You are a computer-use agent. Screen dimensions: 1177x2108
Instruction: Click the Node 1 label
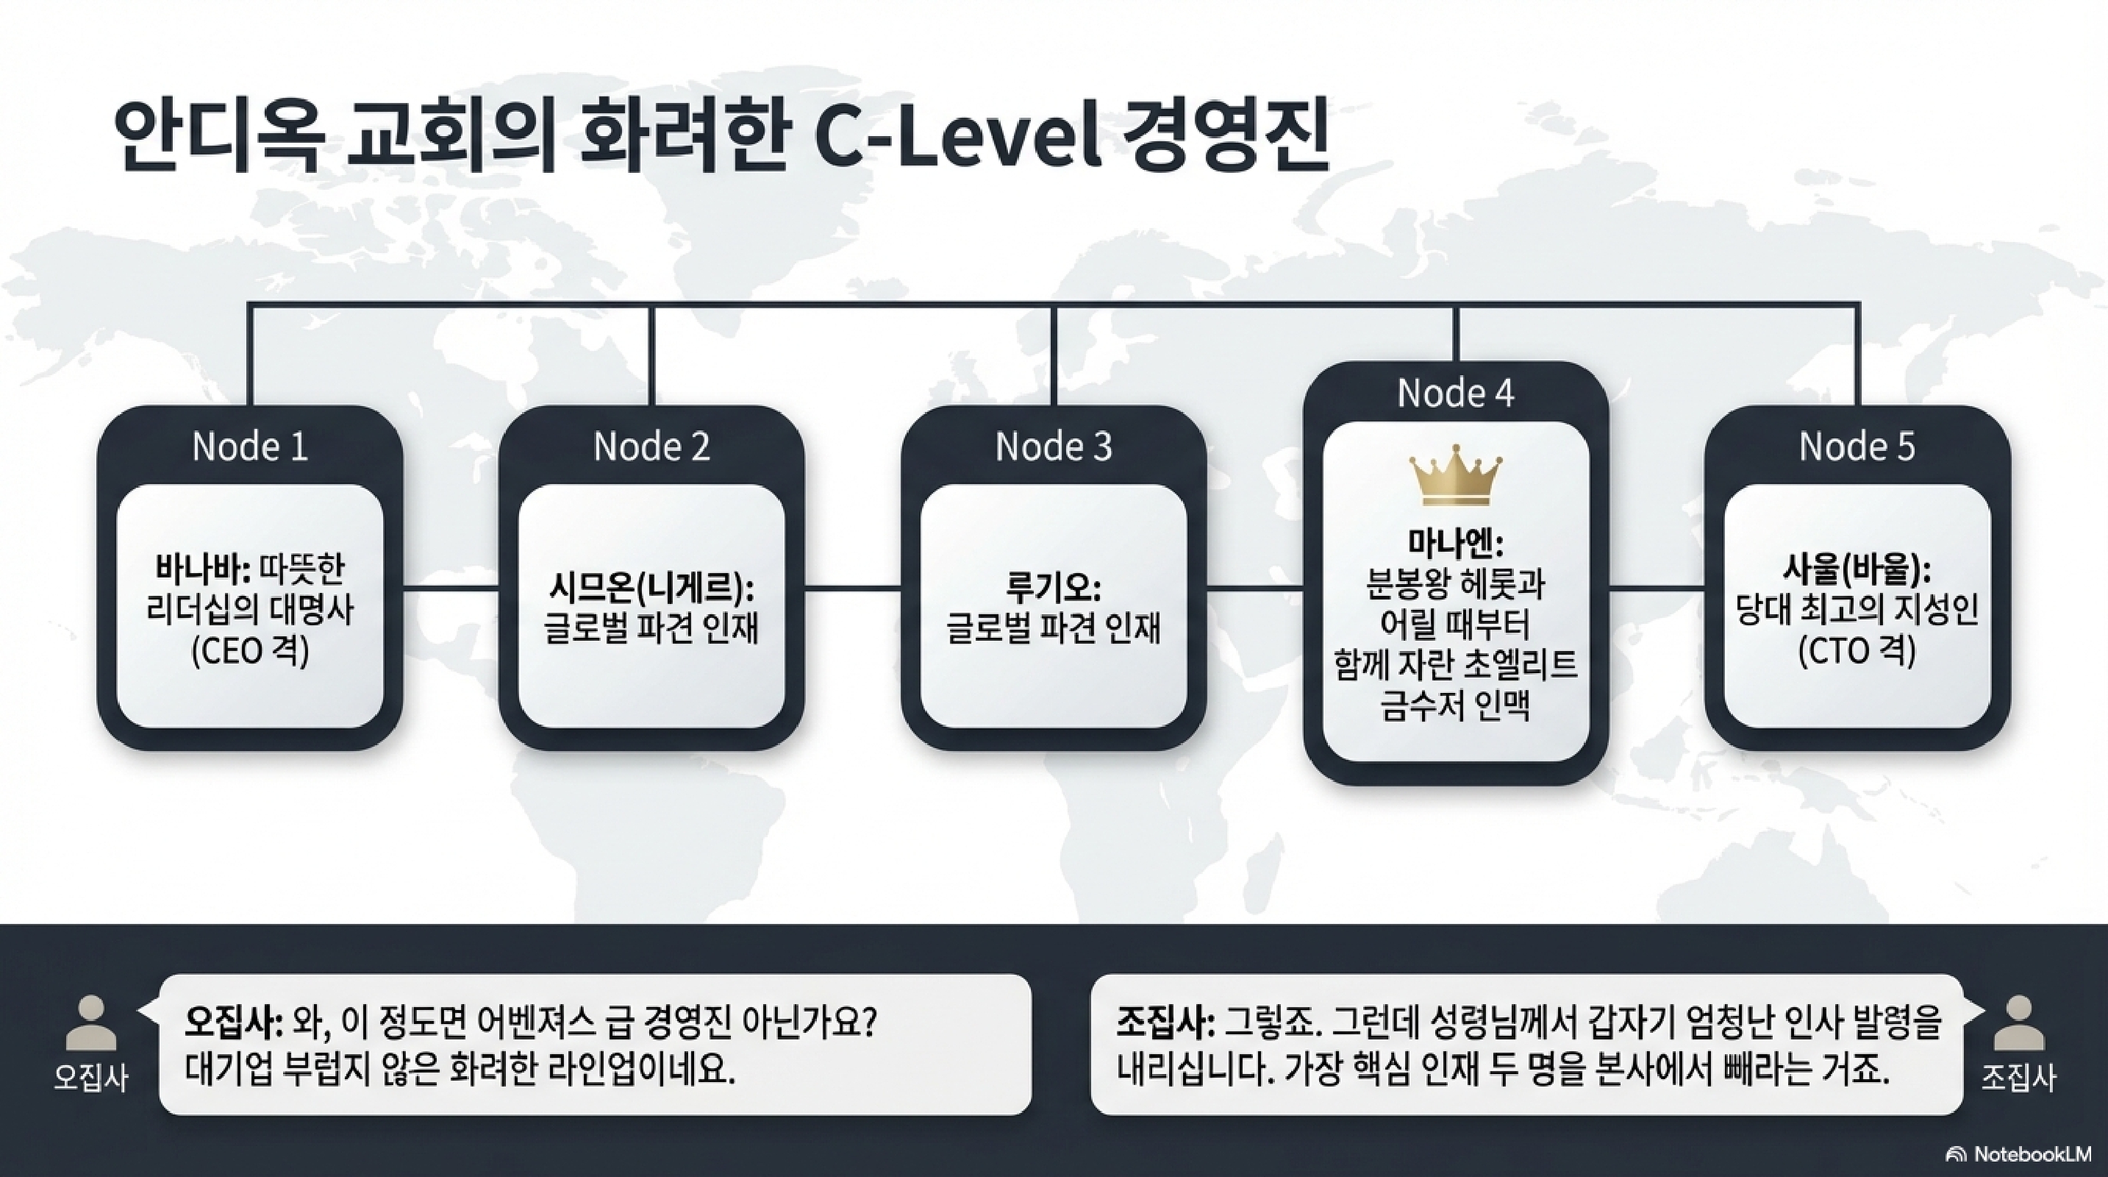tap(249, 447)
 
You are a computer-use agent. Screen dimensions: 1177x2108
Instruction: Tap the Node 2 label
tap(651, 447)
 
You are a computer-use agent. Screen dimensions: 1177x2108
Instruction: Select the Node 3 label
tap(1053, 447)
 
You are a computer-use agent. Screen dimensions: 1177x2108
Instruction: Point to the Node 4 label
tap(1455, 394)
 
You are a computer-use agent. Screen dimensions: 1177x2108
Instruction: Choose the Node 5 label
tap(1857, 447)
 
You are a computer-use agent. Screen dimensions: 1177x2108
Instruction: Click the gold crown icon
tap(1456, 474)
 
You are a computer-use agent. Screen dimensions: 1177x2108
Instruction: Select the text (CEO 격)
tap(249, 652)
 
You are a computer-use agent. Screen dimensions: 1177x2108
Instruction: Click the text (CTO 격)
tap(1857, 652)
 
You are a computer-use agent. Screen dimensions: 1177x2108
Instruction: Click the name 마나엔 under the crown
tap(1455, 544)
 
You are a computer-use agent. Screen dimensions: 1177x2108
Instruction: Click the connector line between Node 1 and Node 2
tap(451, 588)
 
